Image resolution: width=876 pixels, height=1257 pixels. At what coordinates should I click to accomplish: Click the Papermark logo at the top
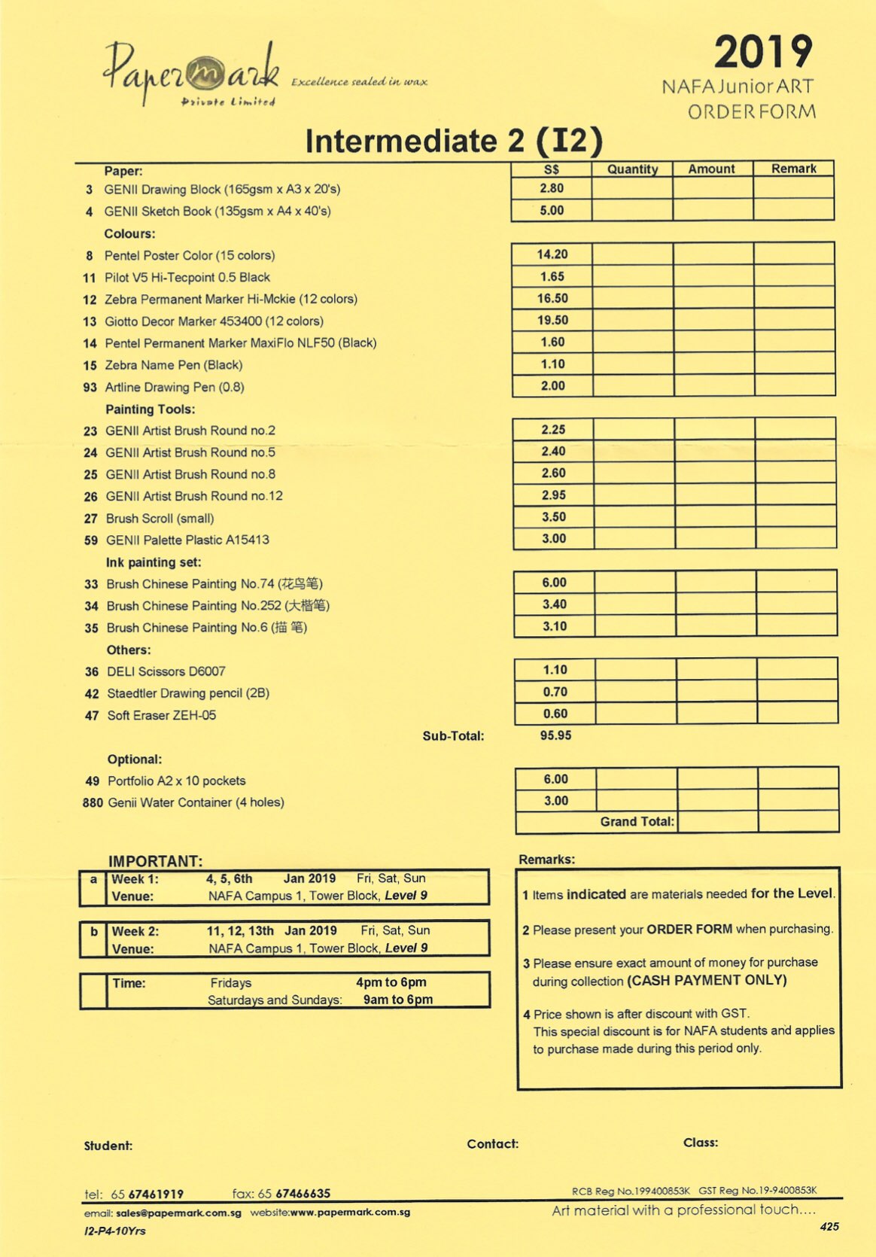(x=193, y=74)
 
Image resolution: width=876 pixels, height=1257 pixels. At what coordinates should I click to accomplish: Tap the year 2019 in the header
(x=762, y=53)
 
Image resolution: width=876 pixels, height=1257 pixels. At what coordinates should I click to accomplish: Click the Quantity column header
(x=632, y=169)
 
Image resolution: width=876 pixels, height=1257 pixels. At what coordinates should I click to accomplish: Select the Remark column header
(x=793, y=169)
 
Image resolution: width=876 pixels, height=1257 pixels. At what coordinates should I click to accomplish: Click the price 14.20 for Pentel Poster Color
(x=552, y=254)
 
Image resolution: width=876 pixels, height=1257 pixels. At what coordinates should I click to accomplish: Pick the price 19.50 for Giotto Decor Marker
(x=552, y=320)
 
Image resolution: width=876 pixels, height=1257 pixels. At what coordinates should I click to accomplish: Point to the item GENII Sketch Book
(x=217, y=212)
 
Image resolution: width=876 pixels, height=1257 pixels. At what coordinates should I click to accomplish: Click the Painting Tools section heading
(x=150, y=409)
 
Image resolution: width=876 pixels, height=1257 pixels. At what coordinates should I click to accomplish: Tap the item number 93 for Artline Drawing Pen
(x=90, y=387)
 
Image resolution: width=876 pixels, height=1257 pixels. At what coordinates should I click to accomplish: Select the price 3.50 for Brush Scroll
(x=553, y=517)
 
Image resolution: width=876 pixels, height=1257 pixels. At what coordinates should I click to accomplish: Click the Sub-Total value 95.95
(x=555, y=735)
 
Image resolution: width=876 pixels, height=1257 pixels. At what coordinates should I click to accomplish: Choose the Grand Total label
(x=637, y=822)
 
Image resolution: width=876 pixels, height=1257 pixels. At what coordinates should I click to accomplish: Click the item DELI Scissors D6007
(x=166, y=671)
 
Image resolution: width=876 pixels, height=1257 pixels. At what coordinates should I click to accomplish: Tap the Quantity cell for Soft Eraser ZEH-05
(x=636, y=714)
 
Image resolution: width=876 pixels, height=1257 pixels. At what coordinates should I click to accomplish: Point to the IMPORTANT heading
(x=155, y=861)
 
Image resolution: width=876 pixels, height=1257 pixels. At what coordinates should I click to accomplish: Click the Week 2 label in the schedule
(x=135, y=931)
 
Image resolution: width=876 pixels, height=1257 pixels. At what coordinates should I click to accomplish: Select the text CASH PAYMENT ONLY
(x=707, y=980)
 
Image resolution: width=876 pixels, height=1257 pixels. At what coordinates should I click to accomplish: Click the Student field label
(x=108, y=1146)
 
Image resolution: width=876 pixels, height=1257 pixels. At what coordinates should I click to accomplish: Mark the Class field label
(x=700, y=1143)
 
